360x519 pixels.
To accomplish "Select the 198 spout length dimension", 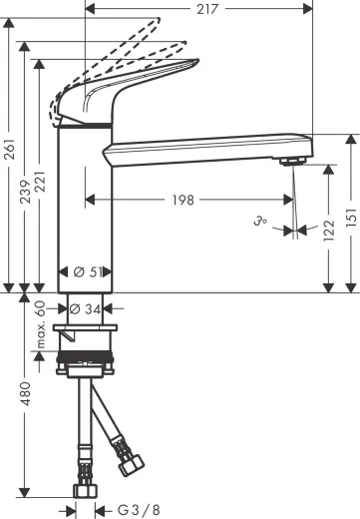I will click(181, 200).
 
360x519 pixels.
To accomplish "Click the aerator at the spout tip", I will click(290, 160).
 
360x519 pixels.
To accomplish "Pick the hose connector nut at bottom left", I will click(84, 490).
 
